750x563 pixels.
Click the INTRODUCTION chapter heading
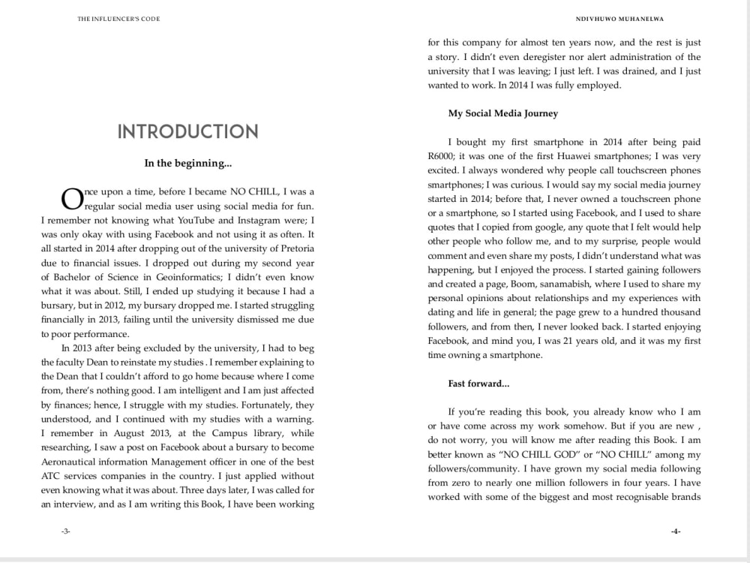tap(187, 132)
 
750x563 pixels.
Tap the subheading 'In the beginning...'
tap(187, 163)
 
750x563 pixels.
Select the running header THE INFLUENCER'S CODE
tap(118, 19)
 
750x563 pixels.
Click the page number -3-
tap(65, 531)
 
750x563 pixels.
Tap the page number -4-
tap(675, 531)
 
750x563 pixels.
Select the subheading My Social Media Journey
tap(502, 113)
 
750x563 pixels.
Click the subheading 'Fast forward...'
tap(478, 384)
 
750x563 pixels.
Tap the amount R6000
tap(443, 156)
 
